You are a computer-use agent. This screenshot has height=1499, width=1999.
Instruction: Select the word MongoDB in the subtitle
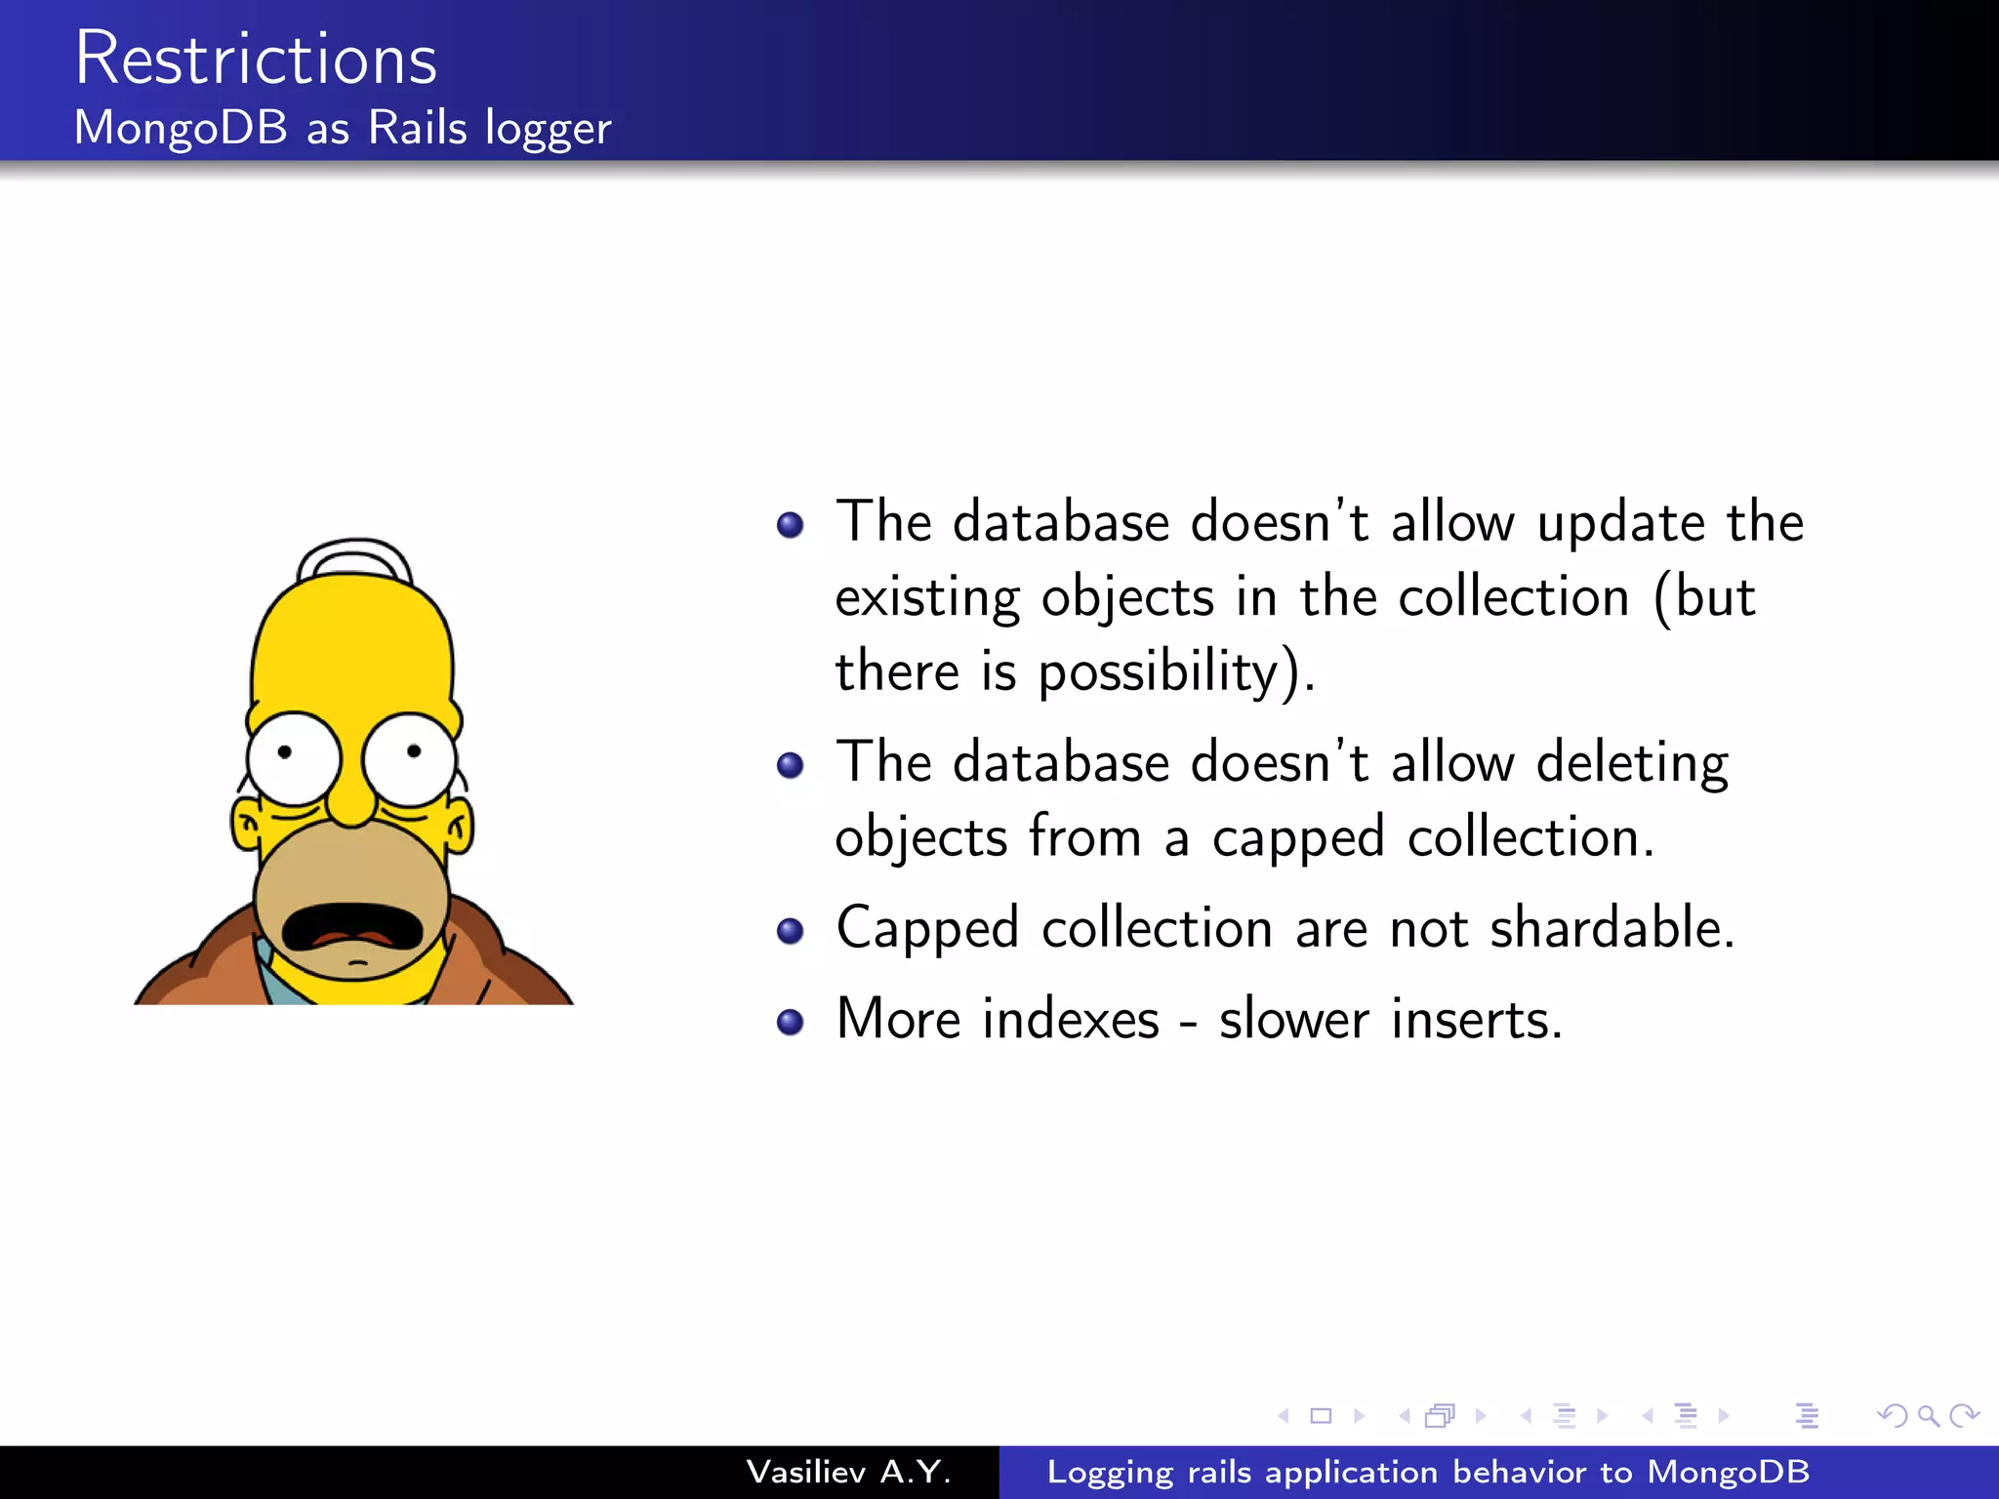[181, 128]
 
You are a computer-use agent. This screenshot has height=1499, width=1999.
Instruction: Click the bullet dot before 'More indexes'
[790, 1022]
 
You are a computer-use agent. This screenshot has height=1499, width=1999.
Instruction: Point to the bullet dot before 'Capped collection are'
[790, 931]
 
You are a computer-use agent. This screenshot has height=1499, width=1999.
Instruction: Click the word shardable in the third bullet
[1611, 927]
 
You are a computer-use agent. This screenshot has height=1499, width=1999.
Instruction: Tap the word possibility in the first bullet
[1158, 672]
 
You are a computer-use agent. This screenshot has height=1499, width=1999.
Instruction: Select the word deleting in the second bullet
[1632, 763]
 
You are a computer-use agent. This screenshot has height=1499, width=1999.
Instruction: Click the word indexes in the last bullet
[1071, 1020]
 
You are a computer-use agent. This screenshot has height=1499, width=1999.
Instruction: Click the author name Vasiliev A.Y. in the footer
[848, 1472]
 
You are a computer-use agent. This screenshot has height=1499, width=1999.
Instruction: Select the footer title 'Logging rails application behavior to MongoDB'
[1428, 1472]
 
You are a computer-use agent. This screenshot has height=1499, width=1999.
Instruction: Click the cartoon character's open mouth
[352, 927]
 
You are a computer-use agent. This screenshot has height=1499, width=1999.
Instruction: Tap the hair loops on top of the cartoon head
[354, 559]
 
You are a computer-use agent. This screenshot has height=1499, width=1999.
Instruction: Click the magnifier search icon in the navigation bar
[1928, 1415]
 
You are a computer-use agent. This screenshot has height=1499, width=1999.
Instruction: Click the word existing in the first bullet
[926, 598]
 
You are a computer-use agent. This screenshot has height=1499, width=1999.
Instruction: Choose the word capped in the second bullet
[1298, 838]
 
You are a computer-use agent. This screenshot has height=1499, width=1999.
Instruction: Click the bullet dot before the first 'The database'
[790, 526]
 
